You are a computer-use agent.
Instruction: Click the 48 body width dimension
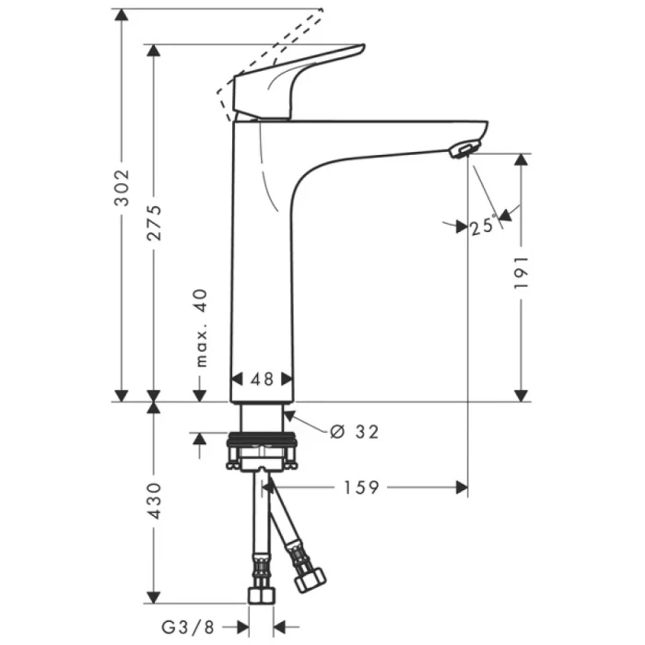263,379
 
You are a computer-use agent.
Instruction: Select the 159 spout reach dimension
360,488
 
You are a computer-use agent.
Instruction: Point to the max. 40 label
201,328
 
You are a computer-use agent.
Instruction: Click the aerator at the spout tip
464,149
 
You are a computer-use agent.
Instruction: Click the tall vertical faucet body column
261,267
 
